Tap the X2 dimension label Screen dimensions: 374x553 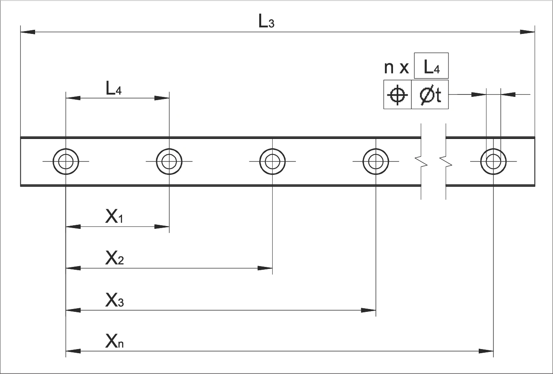coord(114,259)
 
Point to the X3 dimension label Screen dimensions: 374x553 coord(114,301)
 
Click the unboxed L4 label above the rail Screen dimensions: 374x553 coord(113,89)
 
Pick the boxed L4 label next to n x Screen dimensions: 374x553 coord(431,66)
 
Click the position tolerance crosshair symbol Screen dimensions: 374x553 coord(398,95)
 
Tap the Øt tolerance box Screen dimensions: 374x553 coord(430,95)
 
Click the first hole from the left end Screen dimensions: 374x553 coord(66,161)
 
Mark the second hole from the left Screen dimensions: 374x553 coord(169,161)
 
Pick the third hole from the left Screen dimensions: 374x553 coord(272,161)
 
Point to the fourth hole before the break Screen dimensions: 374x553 coord(375,161)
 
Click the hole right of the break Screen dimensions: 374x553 coord(493,161)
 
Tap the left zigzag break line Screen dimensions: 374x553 coord(421,161)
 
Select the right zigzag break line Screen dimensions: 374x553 coord(446,161)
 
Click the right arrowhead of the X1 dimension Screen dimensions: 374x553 coord(162,226)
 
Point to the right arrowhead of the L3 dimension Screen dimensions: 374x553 coord(527,31)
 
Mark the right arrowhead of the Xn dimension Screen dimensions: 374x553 coord(486,351)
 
